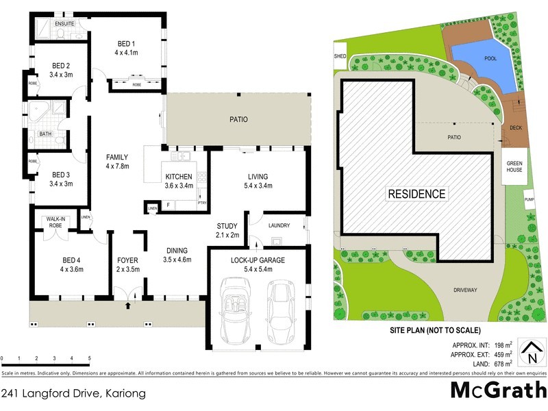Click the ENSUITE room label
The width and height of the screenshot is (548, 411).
[x=65, y=24]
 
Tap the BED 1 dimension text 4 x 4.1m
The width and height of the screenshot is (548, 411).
[x=126, y=52]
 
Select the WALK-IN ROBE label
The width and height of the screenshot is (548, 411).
[x=55, y=223]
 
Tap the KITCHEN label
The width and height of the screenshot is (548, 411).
[x=179, y=177]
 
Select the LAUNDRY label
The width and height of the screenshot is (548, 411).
[x=279, y=225]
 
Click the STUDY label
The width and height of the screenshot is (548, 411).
[x=227, y=225]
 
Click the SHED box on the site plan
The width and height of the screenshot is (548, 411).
[x=340, y=57]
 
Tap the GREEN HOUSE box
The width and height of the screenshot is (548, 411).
[x=514, y=166]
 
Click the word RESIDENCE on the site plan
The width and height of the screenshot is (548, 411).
[x=417, y=194]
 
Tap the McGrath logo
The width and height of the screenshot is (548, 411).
[x=497, y=391]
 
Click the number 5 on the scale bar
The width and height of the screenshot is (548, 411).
[x=90, y=358]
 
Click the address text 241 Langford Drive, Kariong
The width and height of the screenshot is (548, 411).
[x=72, y=393]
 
